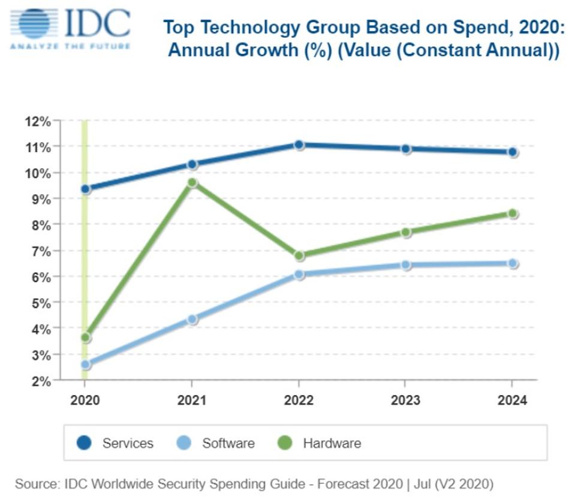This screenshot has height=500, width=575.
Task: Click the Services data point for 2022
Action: [x=299, y=144]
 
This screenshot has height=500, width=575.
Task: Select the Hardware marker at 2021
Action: [x=192, y=182]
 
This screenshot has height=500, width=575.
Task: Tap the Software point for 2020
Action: [x=86, y=364]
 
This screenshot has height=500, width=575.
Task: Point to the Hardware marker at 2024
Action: [x=513, y=213]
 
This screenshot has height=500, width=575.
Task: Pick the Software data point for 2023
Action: [x=406, y=264]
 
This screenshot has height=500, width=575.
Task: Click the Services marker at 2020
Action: [x=86, y=189]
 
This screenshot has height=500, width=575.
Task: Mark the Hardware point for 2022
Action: [x=299, y=255]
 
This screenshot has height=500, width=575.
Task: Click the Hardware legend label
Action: [x=332, y=444]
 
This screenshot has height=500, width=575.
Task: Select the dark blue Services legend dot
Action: [x=84, y=444]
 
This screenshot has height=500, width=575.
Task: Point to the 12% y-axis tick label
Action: [x=38, y=122]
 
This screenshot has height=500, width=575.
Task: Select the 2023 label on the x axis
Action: [x=405, y=400]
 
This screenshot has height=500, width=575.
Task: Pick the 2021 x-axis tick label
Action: [x=192, y=400]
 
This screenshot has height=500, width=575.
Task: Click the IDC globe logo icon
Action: [x=34, y=23]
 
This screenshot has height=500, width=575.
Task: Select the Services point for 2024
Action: [x=513, y=152]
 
